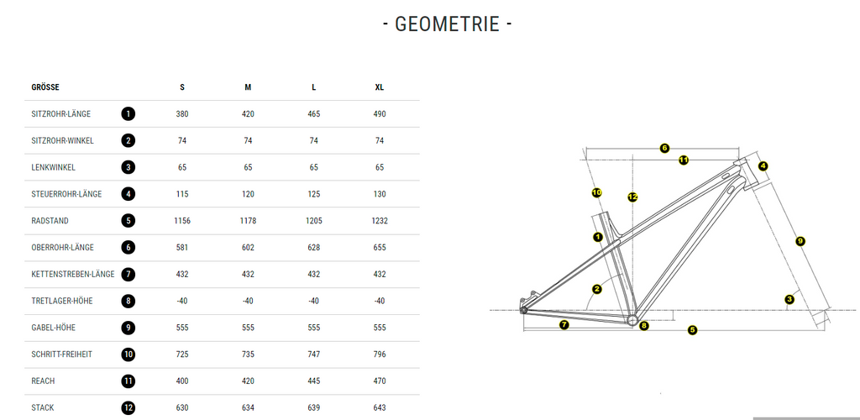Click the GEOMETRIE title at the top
[447, 24]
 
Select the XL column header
[380, 87]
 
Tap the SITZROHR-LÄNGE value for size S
[182, 114]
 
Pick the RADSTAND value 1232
[380, 221]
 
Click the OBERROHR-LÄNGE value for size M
[248, 247]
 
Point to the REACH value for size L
[314, 381]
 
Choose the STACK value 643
[380, 408]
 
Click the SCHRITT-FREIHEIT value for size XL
[380, 354]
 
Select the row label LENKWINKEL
[53, 168]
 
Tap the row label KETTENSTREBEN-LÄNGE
[73, 274]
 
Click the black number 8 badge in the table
[128, 301]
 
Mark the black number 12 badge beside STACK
[128, 408]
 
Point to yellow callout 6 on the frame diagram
[664, 148]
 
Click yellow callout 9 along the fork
[800, 241]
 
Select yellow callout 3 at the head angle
[789, 299]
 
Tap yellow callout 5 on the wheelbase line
[692, 330]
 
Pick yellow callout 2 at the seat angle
[597, 289]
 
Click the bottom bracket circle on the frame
[632, 320]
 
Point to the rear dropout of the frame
[523, 310]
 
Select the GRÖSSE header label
[45, 87]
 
